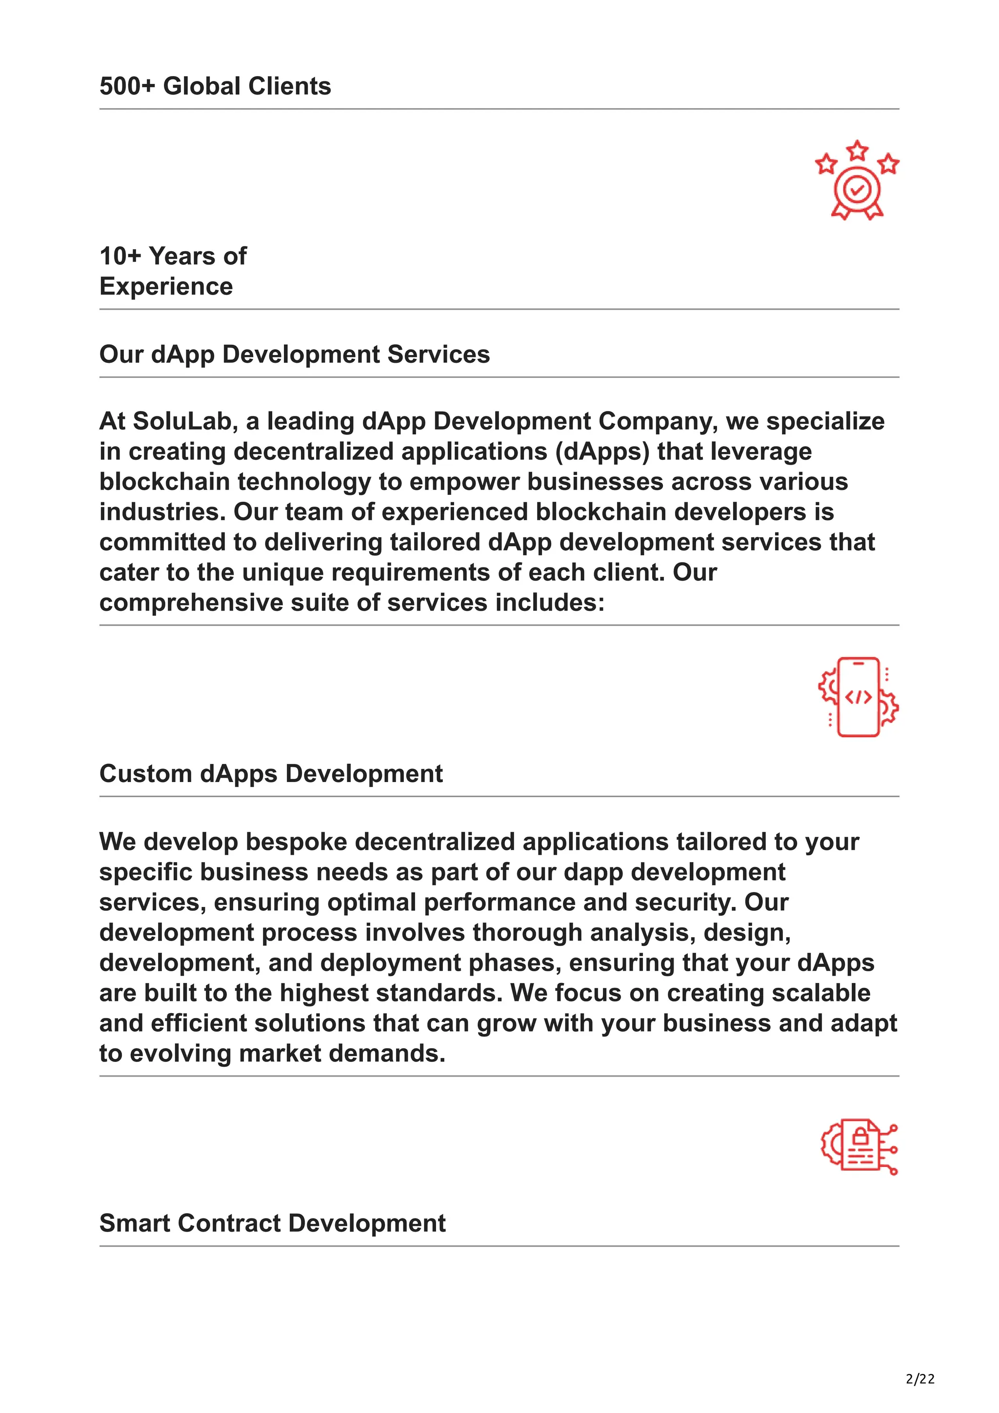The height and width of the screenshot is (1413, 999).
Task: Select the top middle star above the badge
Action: (857, 150)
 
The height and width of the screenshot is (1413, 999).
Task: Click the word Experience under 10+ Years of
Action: (166, 287)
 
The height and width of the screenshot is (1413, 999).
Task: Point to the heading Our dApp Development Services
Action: (294, 354)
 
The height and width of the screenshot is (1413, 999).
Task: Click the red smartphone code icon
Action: (858, 697)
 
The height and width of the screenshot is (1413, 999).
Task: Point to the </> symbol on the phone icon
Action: (858, 697)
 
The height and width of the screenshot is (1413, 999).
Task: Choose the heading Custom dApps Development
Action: (271, 774)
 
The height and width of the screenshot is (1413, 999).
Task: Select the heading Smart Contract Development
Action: (272, 1223)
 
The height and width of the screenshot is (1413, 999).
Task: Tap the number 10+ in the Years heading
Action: (120, 256)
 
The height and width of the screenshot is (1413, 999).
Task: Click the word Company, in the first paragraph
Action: (658, 422)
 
